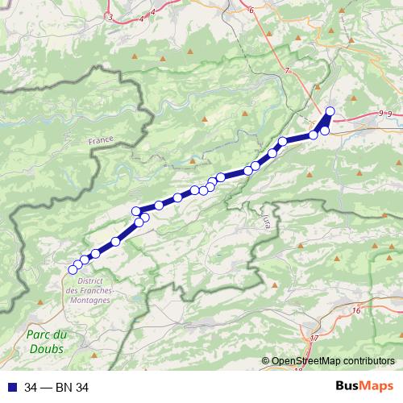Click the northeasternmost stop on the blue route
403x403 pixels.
330,110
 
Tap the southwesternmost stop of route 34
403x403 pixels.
73,268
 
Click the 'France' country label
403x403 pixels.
102,139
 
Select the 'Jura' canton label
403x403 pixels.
266,218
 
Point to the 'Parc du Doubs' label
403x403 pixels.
46,342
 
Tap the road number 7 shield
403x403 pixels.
286,72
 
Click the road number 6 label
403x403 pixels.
251,10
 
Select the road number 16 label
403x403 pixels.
355,310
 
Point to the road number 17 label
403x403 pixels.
314,337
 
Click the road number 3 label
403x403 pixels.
110,16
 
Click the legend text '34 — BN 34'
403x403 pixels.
56,388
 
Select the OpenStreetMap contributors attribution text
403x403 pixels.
332,362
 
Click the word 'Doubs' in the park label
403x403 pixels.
46,349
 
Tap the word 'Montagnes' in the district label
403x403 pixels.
89,299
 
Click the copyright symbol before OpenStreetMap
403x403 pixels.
266,362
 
